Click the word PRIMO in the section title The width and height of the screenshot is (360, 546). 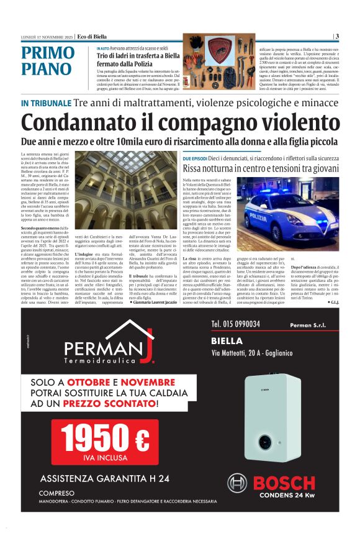coord(47,53)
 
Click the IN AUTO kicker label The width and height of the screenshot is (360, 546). coord(103,48)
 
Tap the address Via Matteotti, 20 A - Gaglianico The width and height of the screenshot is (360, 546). coord(264,353)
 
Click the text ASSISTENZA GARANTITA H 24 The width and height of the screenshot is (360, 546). coord(104,478)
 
